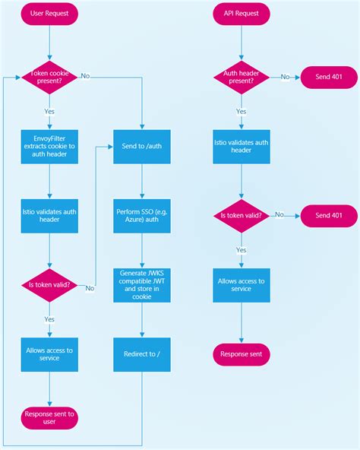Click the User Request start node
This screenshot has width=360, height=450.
pos(49,14)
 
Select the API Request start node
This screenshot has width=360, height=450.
pos(241,14)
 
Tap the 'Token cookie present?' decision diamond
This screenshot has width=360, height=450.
pos(49,76)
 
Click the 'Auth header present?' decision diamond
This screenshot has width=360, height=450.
pos(241,76)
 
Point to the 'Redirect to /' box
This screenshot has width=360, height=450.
pos(142,353)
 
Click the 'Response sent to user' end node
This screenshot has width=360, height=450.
pos(49,417)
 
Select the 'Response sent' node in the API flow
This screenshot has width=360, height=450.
pos(241,354)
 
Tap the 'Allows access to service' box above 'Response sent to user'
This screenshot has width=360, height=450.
pos(49,354)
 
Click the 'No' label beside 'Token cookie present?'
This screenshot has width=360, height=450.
pos(85,76)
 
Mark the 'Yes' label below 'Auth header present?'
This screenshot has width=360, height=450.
pos(241,110)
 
